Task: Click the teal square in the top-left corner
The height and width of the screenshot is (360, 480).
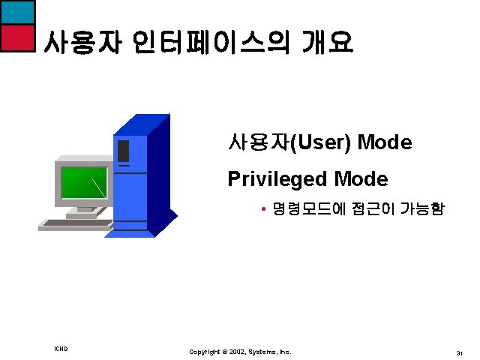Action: click(17, 12)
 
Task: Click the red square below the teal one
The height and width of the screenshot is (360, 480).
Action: click(17, 37)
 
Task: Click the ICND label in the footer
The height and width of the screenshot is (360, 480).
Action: click(61, 349)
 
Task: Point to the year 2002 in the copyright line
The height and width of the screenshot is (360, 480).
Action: click(235, 351)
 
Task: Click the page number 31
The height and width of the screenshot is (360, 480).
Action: click(458, 352)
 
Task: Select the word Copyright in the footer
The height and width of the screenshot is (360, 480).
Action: click(205, 351)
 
